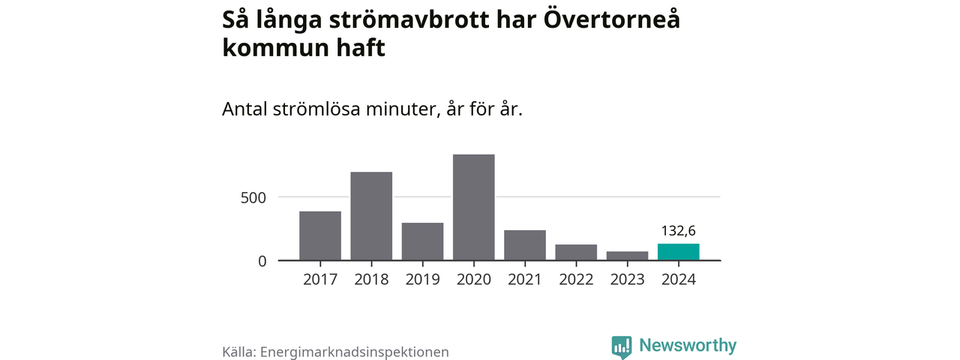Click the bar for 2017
click(320, 236)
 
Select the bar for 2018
click(371, 217)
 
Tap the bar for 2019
click(422, 241)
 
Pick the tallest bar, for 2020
click(473, 208)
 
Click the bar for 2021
click(525, 245)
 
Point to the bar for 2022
click(576, 253)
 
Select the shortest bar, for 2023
click(627, 256)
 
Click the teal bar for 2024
click(679, 252)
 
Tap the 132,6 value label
click(678, 230)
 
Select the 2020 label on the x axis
click(473, 280)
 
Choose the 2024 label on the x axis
click(679, 280)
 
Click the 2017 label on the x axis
click(320, 280)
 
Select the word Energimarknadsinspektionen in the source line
click(354, 351)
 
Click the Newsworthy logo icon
click(621, 346)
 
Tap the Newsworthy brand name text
click(688, 346)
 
